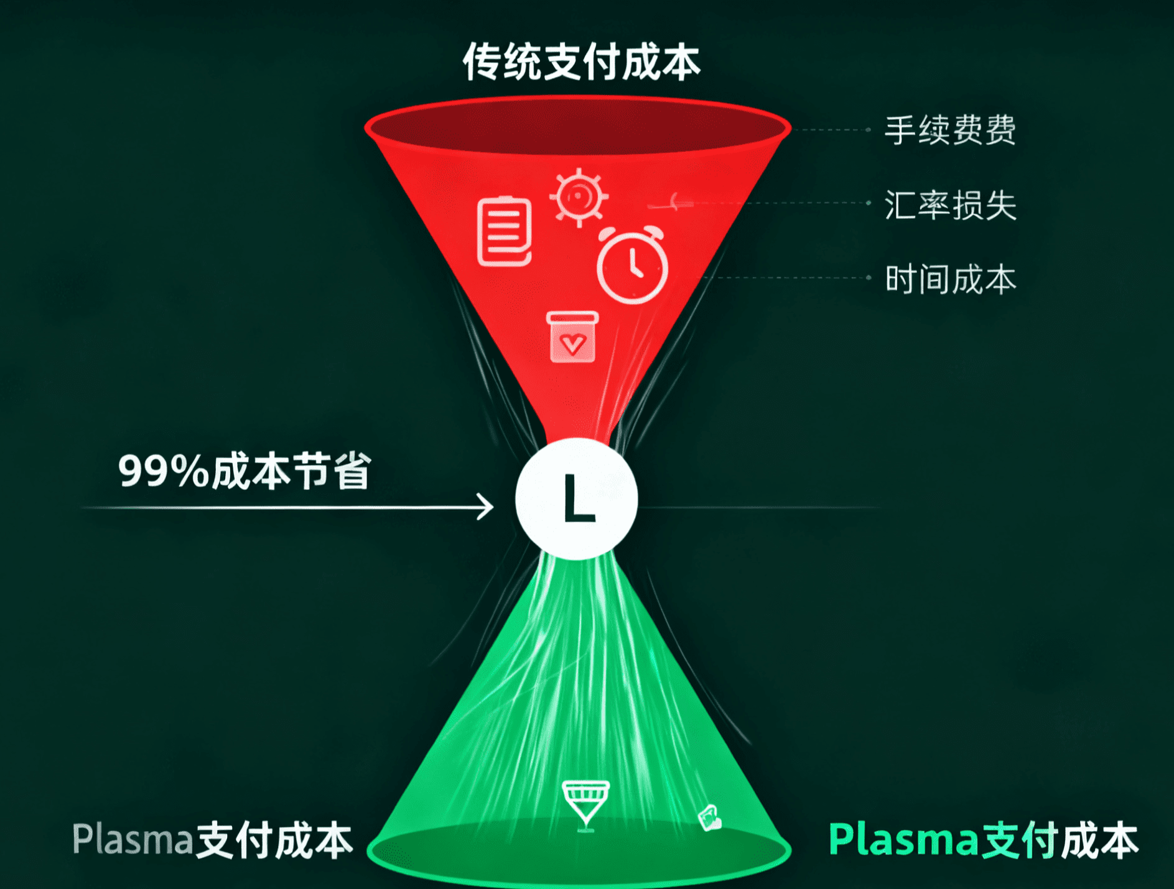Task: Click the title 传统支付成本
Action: tap(581, 62)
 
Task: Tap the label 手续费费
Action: tap(950, 131)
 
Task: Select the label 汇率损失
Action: tap(950, 205)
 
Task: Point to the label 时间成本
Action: tap(950, 279)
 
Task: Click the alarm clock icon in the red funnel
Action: tap(632, 266)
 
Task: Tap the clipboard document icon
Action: tap(505, 232)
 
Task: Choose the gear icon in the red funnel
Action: tap(579, 196)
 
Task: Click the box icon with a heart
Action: tap(573, 337)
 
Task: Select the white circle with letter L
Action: tap(577, 499)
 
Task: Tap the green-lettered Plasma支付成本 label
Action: tap(983, 841)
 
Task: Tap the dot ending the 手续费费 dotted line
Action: tap(869, 130)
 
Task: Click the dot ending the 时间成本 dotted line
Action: tap(869, 278)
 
